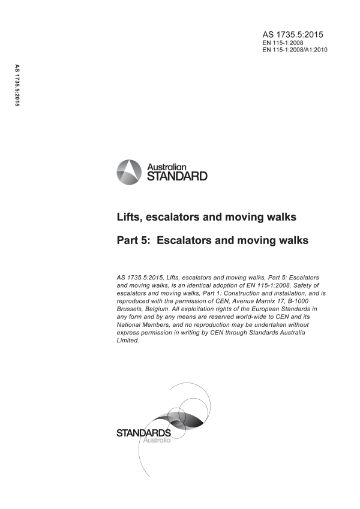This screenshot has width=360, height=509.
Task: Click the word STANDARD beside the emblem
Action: [177, 176]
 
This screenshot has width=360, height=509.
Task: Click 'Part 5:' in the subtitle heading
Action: [136, 240]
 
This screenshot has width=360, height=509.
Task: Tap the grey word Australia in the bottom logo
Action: [155, 441]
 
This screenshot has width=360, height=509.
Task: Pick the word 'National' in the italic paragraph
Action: [131, 324]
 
